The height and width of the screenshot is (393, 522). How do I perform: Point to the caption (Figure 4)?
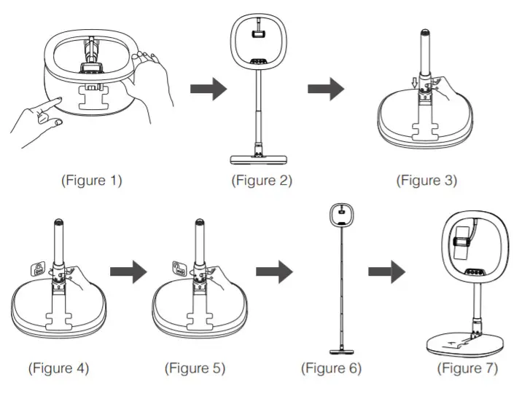[x=58, y=368]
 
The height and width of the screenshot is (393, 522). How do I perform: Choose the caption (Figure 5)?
[x=195, y=368]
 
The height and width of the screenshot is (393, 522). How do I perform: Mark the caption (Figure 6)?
[x=331, y=368]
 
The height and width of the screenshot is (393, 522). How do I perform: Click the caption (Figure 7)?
[x=467, y=368]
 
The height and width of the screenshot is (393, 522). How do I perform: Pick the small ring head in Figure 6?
[x=340, y=214]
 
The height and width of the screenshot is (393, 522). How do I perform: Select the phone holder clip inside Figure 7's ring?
[x=462, y=247]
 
